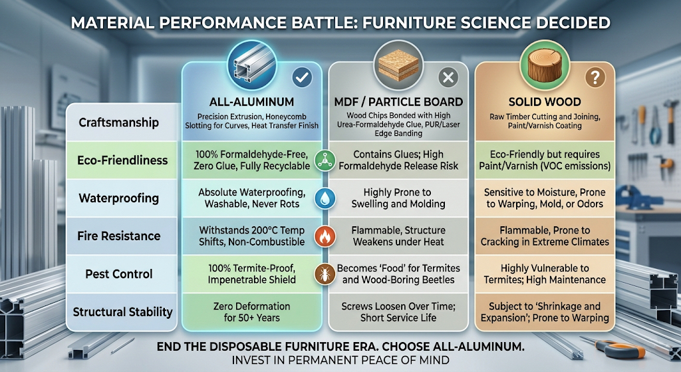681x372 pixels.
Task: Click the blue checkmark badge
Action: coord(302,78)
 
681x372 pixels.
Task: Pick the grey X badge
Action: coord(448,78)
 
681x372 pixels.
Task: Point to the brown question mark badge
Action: coord(593,78)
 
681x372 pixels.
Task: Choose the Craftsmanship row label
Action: coord(118,122)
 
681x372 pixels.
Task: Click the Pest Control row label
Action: coord(118,274)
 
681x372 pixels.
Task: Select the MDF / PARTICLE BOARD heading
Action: coord(398,102)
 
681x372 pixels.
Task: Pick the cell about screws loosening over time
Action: coord(398,311)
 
